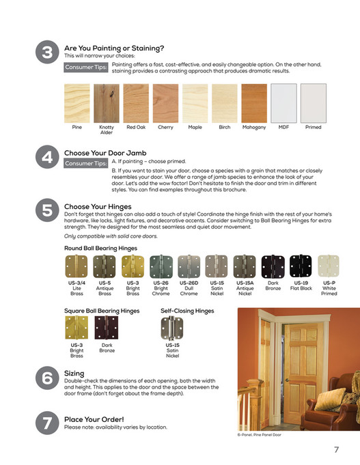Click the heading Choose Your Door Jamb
(105, 153)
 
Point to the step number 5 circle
(46, 211)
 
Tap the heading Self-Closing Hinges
(186, 311)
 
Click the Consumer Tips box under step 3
(85, 68)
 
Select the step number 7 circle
(46, 423)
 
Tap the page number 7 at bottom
(336, 449)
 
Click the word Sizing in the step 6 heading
(74, 374)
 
